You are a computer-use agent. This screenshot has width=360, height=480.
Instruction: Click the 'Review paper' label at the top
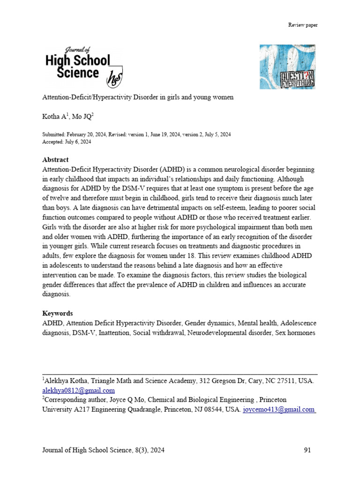(x=303, y=25)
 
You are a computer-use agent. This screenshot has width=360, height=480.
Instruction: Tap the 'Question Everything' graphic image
(x=287, y=67)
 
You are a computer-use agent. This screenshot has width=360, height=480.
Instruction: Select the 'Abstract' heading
(x=55, y=159)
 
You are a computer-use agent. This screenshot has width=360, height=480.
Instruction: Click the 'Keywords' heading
(x=58, y=313)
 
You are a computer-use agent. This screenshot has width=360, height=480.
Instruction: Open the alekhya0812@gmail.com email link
(x=78, y=390)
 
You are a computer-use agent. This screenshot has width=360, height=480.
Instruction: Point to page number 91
(x=307, y=450)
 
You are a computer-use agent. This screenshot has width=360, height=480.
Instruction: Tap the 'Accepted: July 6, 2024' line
(x=67, y=142)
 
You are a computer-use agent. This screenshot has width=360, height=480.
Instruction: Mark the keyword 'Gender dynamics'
(x=210, y=323)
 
